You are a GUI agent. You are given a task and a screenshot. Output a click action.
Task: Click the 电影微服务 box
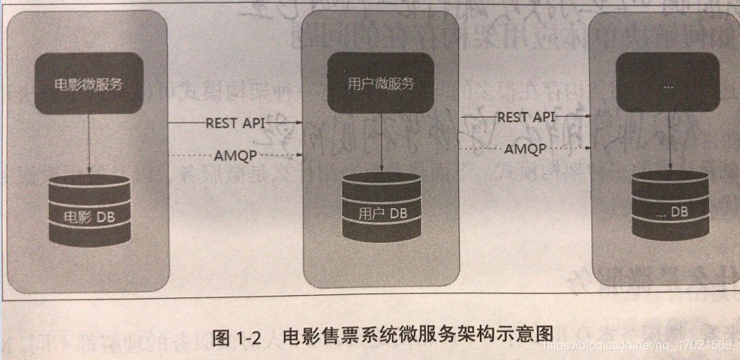tap(87, 84)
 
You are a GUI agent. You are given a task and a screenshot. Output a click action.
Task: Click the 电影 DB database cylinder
tap(88, 211)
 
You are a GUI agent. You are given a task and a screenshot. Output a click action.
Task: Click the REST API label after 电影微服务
tap(232, 122)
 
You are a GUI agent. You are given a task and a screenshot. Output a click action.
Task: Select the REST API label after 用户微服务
tap(526, 117)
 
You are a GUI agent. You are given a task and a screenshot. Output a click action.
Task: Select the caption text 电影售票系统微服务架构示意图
tap(417, 334)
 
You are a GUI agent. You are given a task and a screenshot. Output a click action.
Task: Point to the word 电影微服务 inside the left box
tap(87, 84)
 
